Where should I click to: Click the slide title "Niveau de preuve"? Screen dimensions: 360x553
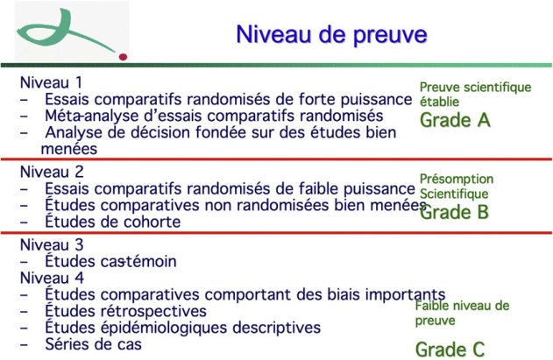330,34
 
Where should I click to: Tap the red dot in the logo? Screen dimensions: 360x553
124,54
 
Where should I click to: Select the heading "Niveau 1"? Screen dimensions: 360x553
52,83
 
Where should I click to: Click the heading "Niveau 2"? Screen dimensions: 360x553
52,172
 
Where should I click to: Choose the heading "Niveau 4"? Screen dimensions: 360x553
52,278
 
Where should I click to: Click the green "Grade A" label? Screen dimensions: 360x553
455,120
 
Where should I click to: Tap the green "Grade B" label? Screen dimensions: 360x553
455,211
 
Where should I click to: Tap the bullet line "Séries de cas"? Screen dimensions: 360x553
94,344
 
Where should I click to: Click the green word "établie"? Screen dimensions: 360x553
439,102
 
